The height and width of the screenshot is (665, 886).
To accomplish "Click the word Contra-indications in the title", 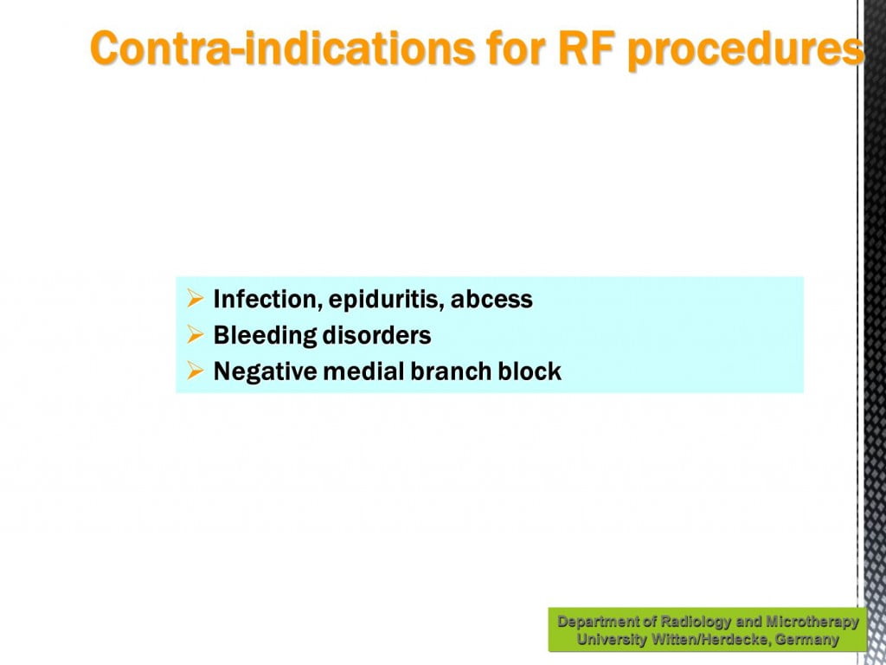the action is coord(282,48).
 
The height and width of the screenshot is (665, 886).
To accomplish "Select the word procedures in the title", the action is coord(746,51).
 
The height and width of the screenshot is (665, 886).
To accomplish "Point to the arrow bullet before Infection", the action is coord(195,299).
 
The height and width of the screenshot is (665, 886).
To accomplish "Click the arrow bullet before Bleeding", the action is coord(195,335).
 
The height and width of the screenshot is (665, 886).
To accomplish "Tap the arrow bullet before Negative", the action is coord(195,371).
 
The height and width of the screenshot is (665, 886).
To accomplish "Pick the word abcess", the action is coord(491,300).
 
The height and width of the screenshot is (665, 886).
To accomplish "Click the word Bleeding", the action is coord(265,336).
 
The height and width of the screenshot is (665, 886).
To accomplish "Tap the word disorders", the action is coord(377,335).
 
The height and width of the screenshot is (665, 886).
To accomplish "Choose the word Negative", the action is coord(266,372).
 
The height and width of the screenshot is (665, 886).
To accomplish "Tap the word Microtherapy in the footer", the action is coord(812,623).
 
